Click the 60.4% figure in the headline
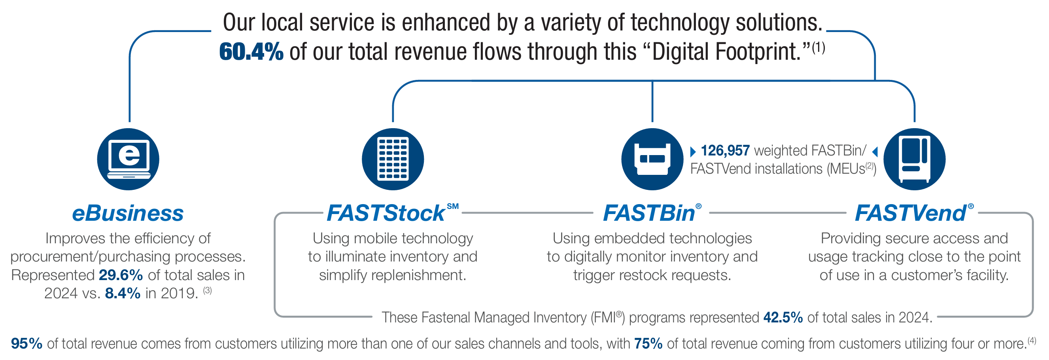[251, 52]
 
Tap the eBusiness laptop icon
[128, 159]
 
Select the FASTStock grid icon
[393, 159]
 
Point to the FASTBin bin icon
[652, 159]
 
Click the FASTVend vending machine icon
[914, 159]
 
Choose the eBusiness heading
[128, 213]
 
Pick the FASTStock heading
[386, 213]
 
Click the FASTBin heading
[649, 213]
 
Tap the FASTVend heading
[911, 213]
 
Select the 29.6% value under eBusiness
[121, 275]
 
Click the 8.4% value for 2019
[123, 294]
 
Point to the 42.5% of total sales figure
[782, 318]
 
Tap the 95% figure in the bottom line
[26, 344]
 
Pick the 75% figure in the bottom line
[648, 344]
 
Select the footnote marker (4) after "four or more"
[1032, 340]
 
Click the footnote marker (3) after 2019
[208, 290]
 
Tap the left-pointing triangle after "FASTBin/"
[875, 152]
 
